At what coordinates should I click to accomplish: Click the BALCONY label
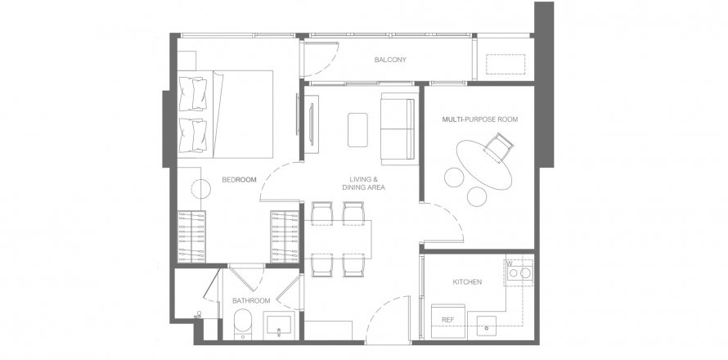pyautogui.click(x=390, y=61)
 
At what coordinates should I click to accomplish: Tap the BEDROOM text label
pyautogui.click(x=240, y=180)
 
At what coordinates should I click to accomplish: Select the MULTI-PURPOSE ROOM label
pyautogui.click(x=480, y=119)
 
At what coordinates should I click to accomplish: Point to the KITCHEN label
pyautogui.click(x=467, y=282)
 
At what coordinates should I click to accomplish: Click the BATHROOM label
pyautogui.click(x=250, y=301)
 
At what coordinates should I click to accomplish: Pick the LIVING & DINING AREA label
pyautogui.click(x=364, y=183)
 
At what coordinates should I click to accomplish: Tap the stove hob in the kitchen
pyautogui.click(x=520, y=272)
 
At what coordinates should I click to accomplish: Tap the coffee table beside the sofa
pyautogui.click(x=358, y=129)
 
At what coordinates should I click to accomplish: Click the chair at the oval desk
pyautogui.click(x=498, y=148)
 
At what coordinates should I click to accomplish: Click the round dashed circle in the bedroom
pyautogui.click(x=201, y=188)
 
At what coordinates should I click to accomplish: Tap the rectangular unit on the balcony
pyautogui.click(x=506, y=64)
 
